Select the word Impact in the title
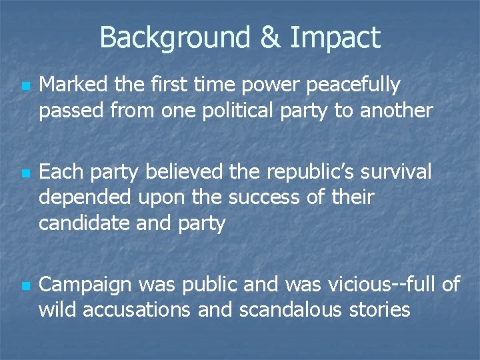pyautogui.click(x=335, y=38)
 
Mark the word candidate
pyautogui.click(x=85, y=223)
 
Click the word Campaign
pyautogui.click(x=85, y=286)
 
